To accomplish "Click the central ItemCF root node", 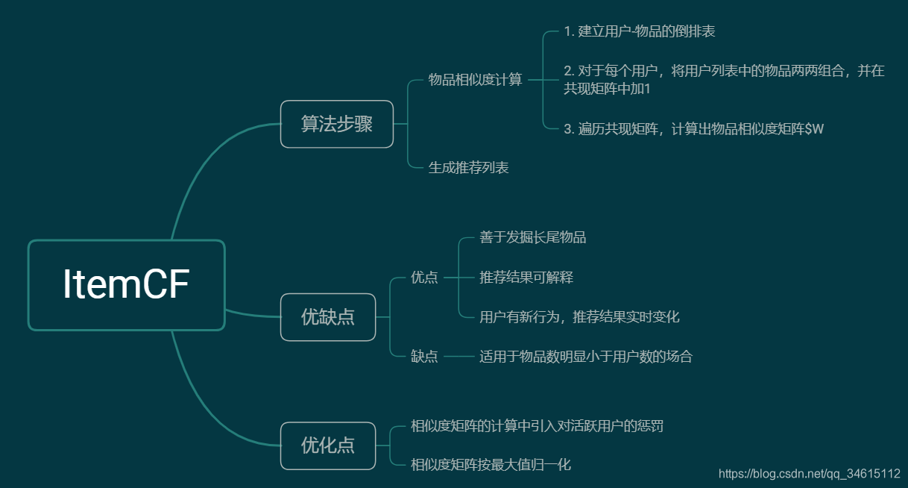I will coord(126,284).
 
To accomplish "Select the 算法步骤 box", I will coord(336,124).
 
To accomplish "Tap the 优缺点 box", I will coord(328,317).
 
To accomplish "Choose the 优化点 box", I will coord(328,445).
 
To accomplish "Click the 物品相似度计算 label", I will coord(475,80).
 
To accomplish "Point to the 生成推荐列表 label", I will coord(468,168).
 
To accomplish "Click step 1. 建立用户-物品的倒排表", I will coord(640,31).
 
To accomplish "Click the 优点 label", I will coord(424,278).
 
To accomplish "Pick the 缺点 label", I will coord(424,357).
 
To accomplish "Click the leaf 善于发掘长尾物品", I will coord(532,238).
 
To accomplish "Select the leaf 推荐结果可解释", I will coord(526,278).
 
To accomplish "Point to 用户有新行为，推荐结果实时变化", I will coord(579,317).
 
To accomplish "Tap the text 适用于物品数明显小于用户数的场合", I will coord(586,357).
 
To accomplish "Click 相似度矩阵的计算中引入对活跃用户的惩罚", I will coord(537,426).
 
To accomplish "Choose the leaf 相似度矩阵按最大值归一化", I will coord(491,465).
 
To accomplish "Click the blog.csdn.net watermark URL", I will coord(809,474).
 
